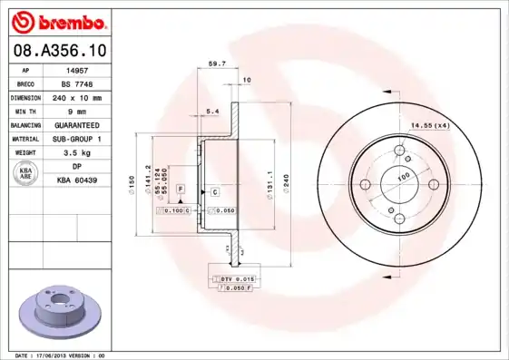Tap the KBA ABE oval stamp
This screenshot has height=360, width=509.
coord(25,174)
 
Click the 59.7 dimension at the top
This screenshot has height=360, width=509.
coord(217,64)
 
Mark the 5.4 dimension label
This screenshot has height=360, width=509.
coord(212,112)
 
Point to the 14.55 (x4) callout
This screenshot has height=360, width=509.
coord(430,125)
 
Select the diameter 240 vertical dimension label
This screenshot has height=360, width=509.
coord(286,180)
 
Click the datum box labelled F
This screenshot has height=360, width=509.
coord(181,188)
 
